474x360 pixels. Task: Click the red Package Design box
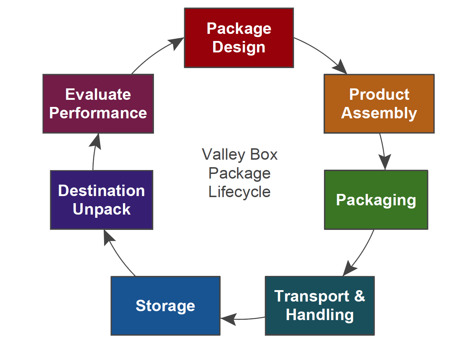coord(239,38)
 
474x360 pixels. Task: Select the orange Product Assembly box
coord(379,104)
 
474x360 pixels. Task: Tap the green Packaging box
coord(376,200)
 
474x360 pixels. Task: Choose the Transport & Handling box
coord(320,305)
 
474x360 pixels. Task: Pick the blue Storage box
coord(165,305)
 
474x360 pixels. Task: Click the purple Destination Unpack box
coord(102,200)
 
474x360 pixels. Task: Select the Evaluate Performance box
coord(98,104)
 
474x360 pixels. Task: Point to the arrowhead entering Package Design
coord(176,43)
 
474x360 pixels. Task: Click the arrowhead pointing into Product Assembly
coord(340,67)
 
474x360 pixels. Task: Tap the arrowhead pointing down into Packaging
coord(385,161)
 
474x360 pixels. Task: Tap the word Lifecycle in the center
coord(239,192)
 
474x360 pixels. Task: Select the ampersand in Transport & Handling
coord(359,296)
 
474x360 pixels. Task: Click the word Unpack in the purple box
coord(102,209)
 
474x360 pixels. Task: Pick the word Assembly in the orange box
coord(379,113)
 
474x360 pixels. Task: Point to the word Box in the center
coord(264,155)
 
